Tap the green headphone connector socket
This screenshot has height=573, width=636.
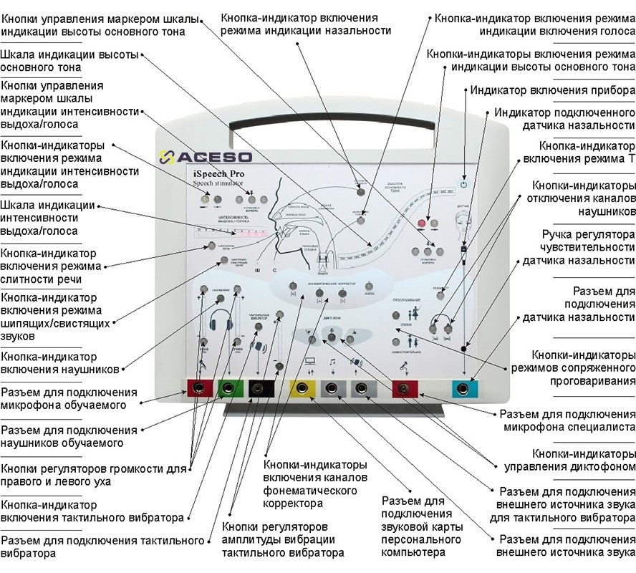click(228, 388)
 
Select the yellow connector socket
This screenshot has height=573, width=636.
click(303, 388)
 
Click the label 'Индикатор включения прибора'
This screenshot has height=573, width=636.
click(551, 91)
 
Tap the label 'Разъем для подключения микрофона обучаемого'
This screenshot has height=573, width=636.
click(69, 399)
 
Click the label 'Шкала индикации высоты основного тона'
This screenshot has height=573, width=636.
click(69, 62)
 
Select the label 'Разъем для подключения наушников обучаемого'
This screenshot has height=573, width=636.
click(69, 437)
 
